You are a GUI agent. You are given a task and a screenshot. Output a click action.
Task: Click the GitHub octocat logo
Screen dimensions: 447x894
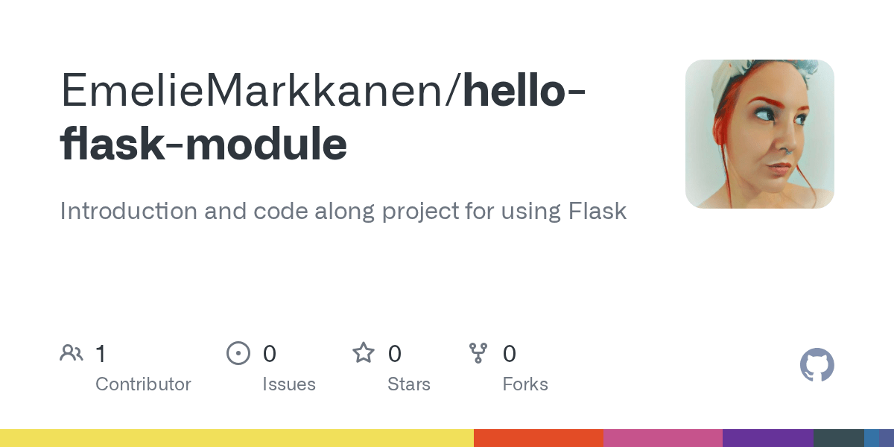pyautogui.click(x=817, y=365)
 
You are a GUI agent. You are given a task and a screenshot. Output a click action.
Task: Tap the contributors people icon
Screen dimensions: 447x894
pyautogui.click(x=72, y=353)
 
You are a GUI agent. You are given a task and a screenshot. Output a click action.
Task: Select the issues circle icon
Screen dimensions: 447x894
pyautogui.click(x=238, y=353)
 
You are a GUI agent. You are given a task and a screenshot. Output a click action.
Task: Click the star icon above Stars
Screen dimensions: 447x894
pyautogui.click(x=364, y=353)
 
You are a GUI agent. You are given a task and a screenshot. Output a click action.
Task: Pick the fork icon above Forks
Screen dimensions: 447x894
pyautogui.click(x=478, y=353)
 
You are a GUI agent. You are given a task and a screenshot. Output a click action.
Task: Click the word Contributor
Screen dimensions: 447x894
pyautogui.click(x=143, y=384)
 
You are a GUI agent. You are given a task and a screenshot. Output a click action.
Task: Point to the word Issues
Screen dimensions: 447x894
pyautogui.click(x=288, y=384)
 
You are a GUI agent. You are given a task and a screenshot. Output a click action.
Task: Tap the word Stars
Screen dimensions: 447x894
pyautogui.click(x=408, y=384)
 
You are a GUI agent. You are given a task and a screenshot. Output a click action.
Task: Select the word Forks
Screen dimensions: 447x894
pyautogui.click(x=525, y=384)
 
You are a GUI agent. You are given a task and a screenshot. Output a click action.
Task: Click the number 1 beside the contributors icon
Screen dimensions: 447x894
pyautogui.click(x=101, y=354)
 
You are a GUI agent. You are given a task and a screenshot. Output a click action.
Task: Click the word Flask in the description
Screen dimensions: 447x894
pyautogui.click(x=597, y=212)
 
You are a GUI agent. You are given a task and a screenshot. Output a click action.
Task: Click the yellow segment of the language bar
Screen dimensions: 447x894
pyautogui.click(x=237, y=438)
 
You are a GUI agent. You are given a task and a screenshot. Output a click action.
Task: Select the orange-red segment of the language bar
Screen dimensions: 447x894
pyautogui.click(x=538, y=438)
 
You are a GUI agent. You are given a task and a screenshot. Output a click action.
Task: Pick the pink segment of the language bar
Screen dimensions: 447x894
pyautogui.click(x=662, y=438)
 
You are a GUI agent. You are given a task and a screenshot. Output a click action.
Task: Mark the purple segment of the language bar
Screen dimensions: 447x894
pyautogui.click(x=767, y=438)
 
